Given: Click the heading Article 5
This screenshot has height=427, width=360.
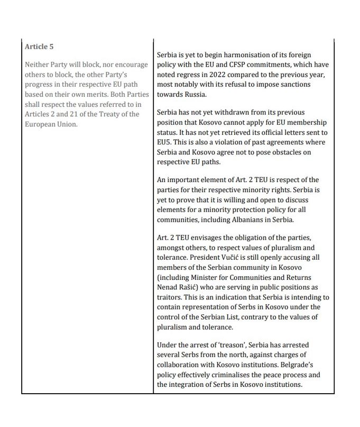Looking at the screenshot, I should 39,47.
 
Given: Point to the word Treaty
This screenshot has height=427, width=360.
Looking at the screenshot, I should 108,114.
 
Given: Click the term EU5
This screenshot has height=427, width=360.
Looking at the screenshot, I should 165,142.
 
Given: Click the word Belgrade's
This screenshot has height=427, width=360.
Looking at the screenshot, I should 304,365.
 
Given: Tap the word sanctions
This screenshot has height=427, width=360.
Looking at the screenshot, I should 294,85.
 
